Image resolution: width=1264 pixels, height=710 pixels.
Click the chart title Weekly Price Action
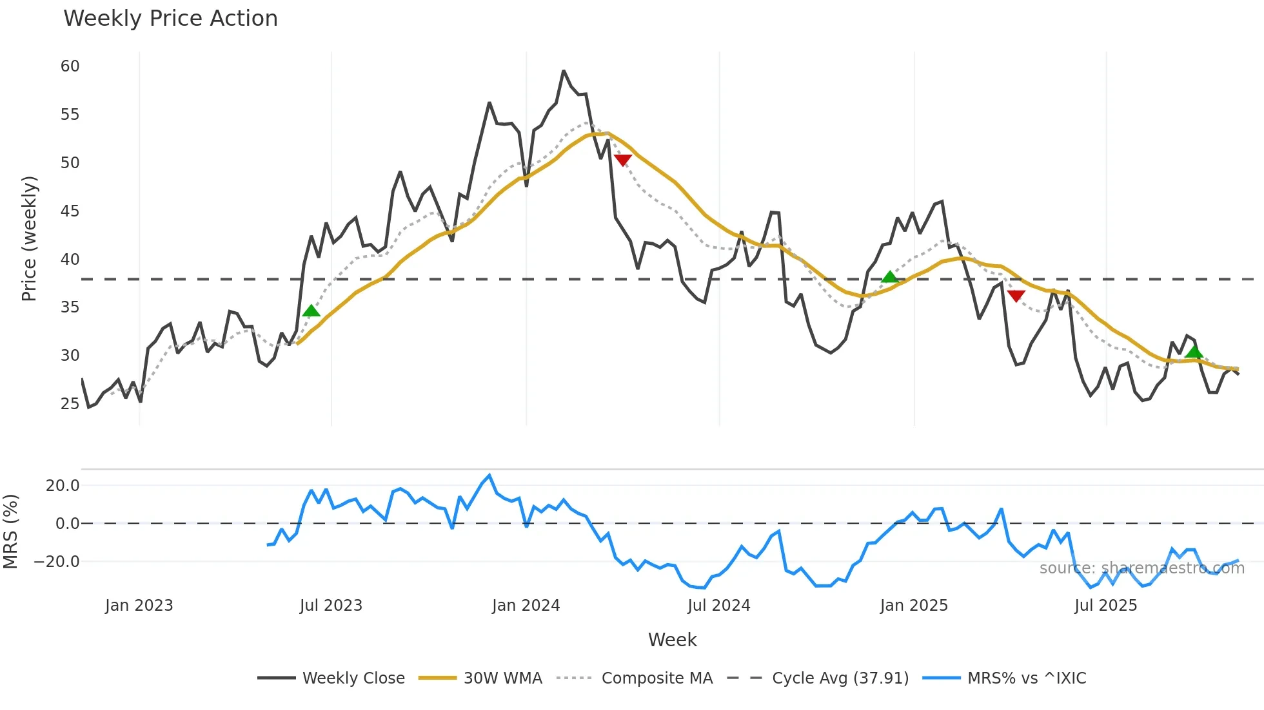pos(170,19)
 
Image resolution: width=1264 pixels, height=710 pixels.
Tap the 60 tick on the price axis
pos(70,66)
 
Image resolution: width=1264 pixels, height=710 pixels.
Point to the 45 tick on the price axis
pos(70,211)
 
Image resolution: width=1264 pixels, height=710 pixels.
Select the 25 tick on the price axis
pos(70,404)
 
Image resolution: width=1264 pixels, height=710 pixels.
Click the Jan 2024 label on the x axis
pos(526,606)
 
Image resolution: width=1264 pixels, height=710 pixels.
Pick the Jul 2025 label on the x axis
pos(1105,606)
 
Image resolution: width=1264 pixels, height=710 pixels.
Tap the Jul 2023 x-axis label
pos(331,606)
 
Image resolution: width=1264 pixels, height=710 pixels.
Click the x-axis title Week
pos(672,640)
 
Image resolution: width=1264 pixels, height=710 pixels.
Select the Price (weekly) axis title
pos(29,238)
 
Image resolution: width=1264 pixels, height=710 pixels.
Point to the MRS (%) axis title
pos(10,532)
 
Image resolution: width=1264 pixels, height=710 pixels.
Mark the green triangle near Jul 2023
pos(311,311)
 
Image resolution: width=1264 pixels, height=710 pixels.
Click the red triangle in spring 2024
pos(622,160)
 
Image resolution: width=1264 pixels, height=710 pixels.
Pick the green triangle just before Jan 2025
pos(890,277)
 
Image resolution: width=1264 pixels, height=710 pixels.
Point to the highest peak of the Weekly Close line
pos(563,71)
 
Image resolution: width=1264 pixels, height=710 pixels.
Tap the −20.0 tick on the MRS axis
pos(57,562)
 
